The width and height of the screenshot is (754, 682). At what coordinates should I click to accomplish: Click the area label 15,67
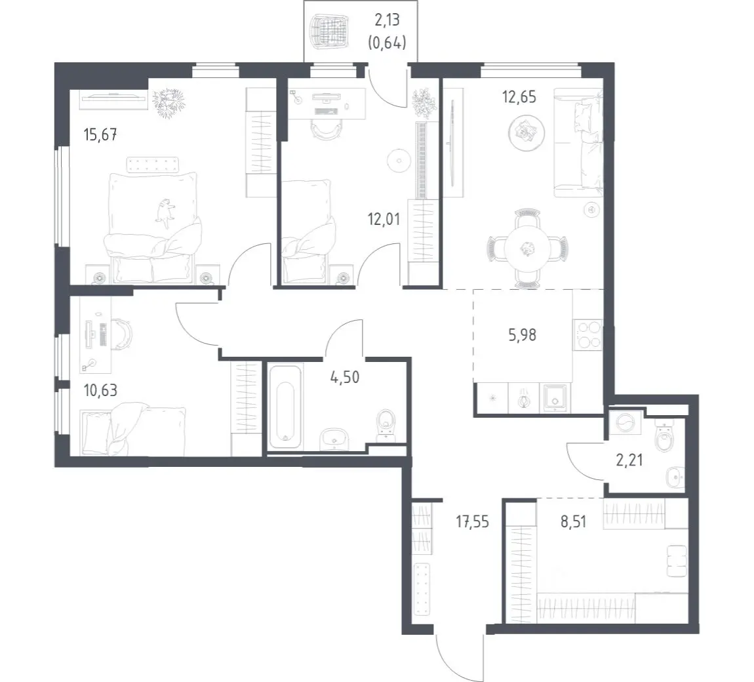point(100,134)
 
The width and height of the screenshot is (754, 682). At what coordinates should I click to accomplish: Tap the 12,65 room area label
point(519,96)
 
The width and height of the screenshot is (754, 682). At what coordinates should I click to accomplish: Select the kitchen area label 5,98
point(522,334)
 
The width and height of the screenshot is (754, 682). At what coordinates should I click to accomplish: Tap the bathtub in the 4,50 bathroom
point(286,407)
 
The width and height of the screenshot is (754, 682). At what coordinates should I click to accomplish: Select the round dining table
point(528,249)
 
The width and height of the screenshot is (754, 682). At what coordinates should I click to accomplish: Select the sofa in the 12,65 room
point(578,142)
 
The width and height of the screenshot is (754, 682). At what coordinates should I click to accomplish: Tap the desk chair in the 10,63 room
point(124,334)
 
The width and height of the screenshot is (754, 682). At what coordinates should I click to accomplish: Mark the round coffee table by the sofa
point(526,131)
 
